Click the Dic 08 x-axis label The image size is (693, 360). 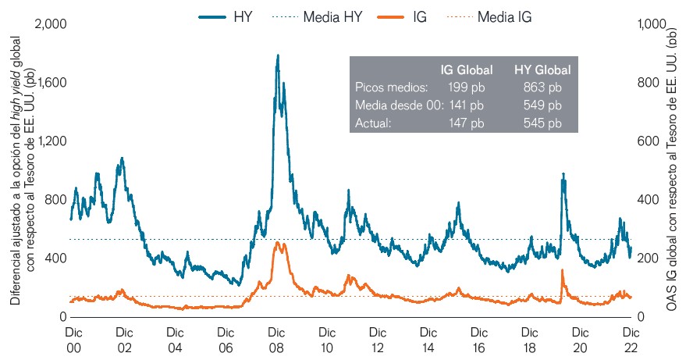[275, 338]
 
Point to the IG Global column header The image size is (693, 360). [466, 70]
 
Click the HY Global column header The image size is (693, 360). [542, 70]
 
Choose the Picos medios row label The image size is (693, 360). [391, 87]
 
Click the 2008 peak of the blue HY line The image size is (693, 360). [277, 56]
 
